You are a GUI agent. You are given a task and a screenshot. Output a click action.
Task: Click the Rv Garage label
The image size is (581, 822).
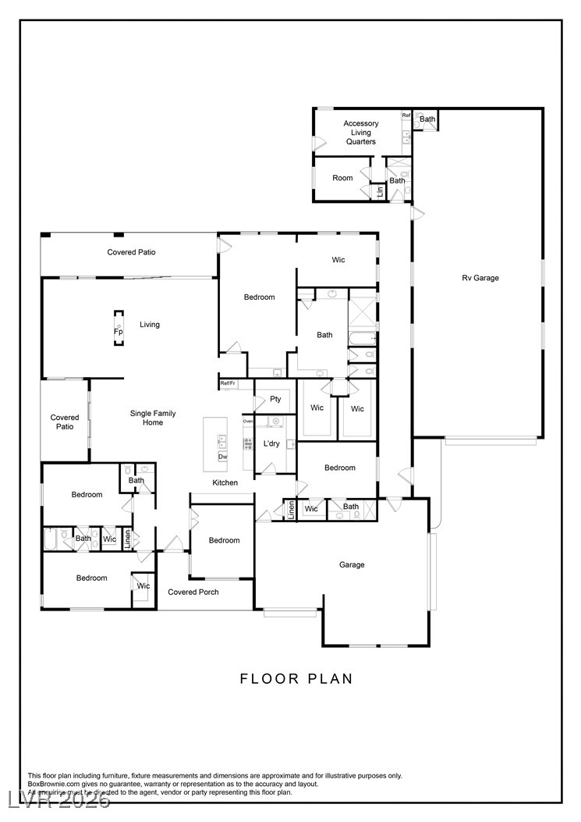[480, 278]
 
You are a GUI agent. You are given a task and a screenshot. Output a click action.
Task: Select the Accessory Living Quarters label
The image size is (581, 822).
[360, 132]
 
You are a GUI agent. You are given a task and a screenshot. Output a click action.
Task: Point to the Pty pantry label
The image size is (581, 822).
[275, 399]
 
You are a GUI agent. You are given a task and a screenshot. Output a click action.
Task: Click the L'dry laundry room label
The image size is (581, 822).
[271, 443]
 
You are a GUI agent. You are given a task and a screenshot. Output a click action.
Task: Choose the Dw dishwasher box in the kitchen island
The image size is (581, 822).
[223, 457]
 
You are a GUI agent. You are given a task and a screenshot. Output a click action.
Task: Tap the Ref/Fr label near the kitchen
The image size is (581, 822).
[228, 383]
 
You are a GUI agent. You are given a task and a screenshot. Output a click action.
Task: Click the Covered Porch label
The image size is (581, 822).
[193, 592]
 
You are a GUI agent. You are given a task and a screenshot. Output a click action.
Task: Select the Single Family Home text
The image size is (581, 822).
[153, 418]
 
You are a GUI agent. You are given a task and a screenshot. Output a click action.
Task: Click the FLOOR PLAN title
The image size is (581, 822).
[296, 679]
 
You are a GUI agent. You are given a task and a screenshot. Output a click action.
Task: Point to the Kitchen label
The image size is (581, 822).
[225, 482]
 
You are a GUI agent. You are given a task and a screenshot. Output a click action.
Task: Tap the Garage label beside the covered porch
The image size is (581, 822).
[352, 564]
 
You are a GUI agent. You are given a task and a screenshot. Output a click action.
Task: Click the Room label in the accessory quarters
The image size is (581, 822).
[342, 178]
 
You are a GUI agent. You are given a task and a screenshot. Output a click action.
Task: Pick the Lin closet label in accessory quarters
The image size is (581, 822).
[380, 192]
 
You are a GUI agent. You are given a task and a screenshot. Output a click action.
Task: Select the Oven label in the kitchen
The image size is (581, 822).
[248, 421]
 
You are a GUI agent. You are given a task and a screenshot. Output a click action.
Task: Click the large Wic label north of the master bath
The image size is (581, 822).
[338, 259]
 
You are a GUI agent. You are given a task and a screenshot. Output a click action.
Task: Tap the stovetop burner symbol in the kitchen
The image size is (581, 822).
[248, 443]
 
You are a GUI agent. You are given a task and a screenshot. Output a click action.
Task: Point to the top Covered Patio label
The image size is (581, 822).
[132, 252]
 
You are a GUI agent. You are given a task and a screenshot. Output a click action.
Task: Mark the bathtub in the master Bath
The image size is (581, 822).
[363, 339]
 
